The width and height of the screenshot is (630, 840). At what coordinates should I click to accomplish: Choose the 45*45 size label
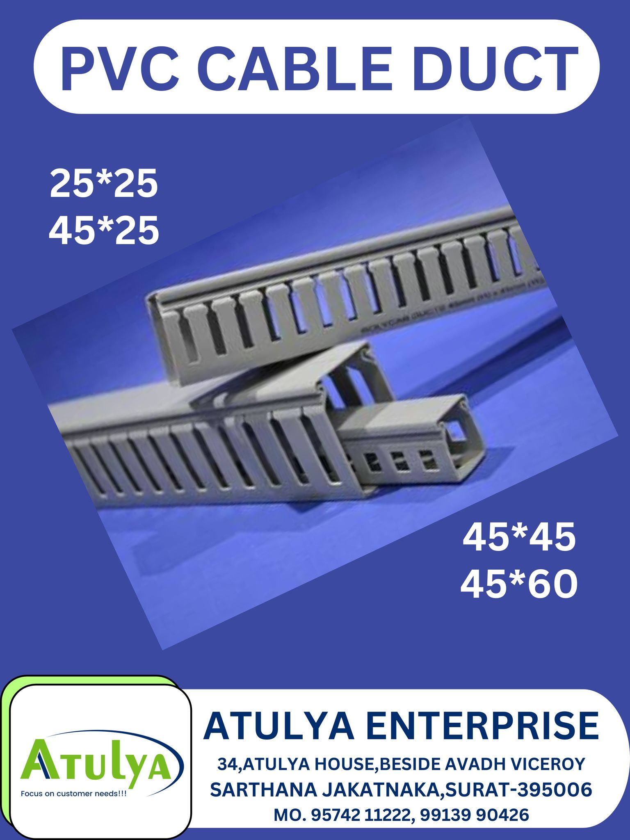click(519, 537)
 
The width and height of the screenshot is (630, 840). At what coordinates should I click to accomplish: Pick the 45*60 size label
click(519, 584)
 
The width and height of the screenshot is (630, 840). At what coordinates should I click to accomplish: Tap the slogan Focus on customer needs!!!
click(74, 794)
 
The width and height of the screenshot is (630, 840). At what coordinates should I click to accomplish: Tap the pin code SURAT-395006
click(519, 790)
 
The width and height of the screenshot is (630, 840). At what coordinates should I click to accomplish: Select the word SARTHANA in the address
click(262, 790)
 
